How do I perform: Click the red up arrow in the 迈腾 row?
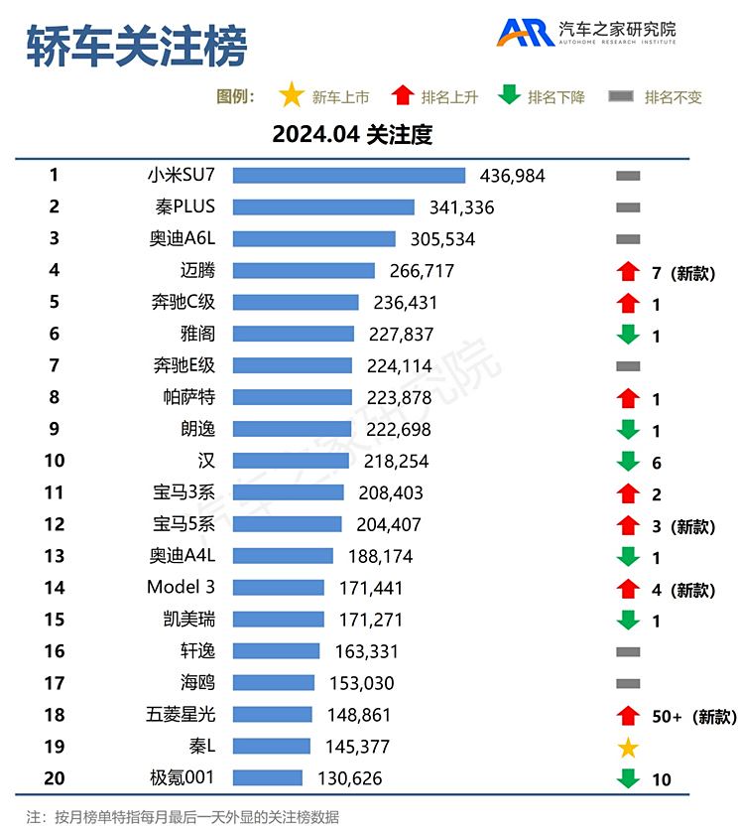(x=627, y=271)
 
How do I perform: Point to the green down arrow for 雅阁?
(x=627, y=336)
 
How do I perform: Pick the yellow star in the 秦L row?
(x=627, y=748)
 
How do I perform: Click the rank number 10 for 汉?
(x=54, y=461)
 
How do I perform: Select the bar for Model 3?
(x=279, y=588)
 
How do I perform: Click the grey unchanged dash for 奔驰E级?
(x=627, y=366)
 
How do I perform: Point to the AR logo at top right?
(x=526, y=33)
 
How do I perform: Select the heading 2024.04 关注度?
(x=352, y=135)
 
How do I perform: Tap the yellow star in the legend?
(x=291, y=96)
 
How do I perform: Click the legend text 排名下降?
(x=556, y=97)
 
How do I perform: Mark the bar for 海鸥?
(x=274, y=683)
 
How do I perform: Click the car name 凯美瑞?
(x=188, y=620)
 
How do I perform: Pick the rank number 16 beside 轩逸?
(x=54, y=651)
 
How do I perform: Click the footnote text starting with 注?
(x=183, y=817)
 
